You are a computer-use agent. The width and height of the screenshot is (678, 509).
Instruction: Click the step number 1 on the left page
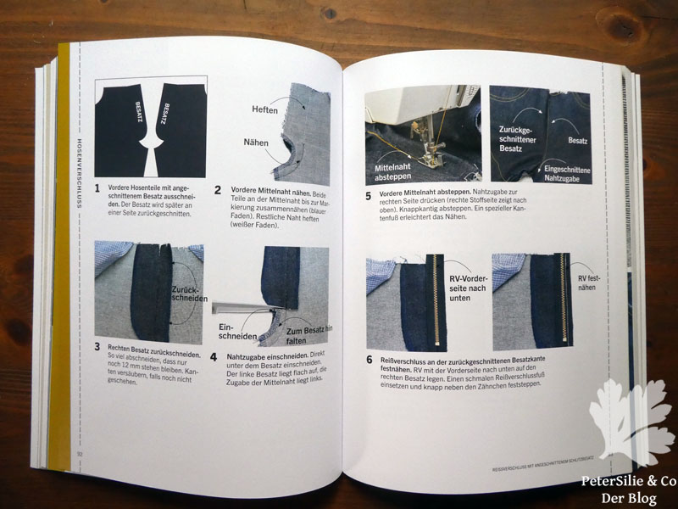97,188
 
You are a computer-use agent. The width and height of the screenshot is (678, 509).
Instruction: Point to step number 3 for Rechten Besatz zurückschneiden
97,346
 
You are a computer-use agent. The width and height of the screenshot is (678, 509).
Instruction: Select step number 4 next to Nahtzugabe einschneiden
217,358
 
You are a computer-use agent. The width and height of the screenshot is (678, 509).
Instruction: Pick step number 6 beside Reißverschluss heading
369,360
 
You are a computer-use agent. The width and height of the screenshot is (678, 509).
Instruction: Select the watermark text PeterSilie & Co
628,481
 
